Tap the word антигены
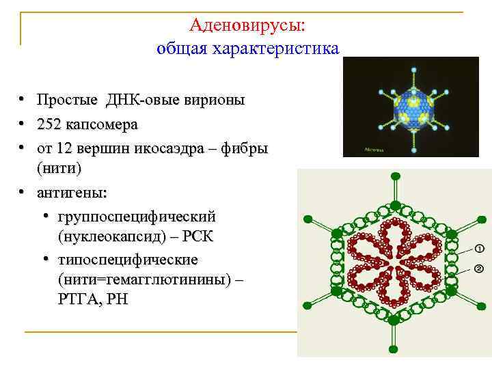coord(72,193)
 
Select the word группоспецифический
coord(137,217)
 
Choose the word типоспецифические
coord(128,260)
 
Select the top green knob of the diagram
coord(394,176)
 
